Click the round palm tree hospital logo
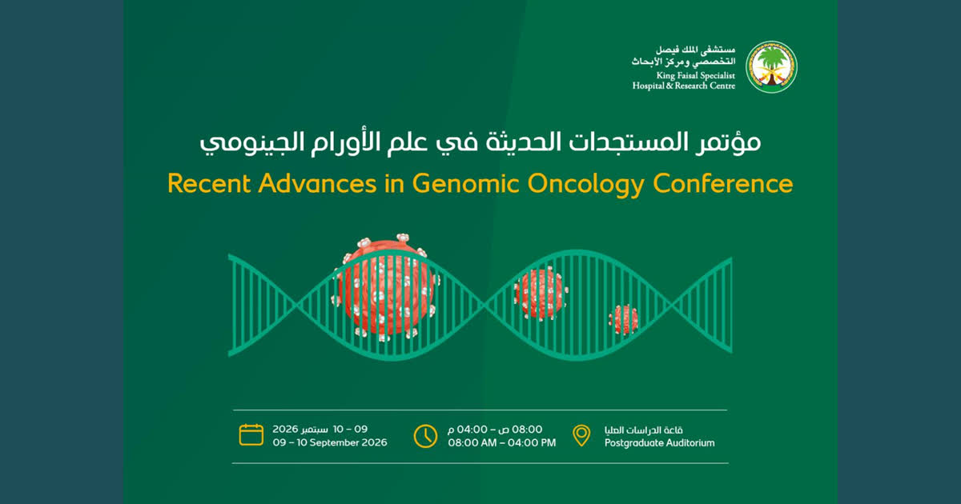(771, 67)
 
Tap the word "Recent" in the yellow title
(209, 183)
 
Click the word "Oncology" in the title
(585, 185)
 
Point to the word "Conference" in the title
(723, 183)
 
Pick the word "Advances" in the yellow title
(317, 183)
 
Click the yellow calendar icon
(251, 434)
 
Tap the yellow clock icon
(425, 436)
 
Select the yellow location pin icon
(581, 435)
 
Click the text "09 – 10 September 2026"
(330, 442)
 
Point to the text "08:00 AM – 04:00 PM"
(502, 442)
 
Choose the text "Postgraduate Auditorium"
(659, 443)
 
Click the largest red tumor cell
(385, 287)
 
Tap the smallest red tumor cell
(623, 319)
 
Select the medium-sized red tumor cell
(541, 293)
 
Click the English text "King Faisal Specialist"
(695, 76)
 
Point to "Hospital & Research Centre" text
(683, 86)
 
